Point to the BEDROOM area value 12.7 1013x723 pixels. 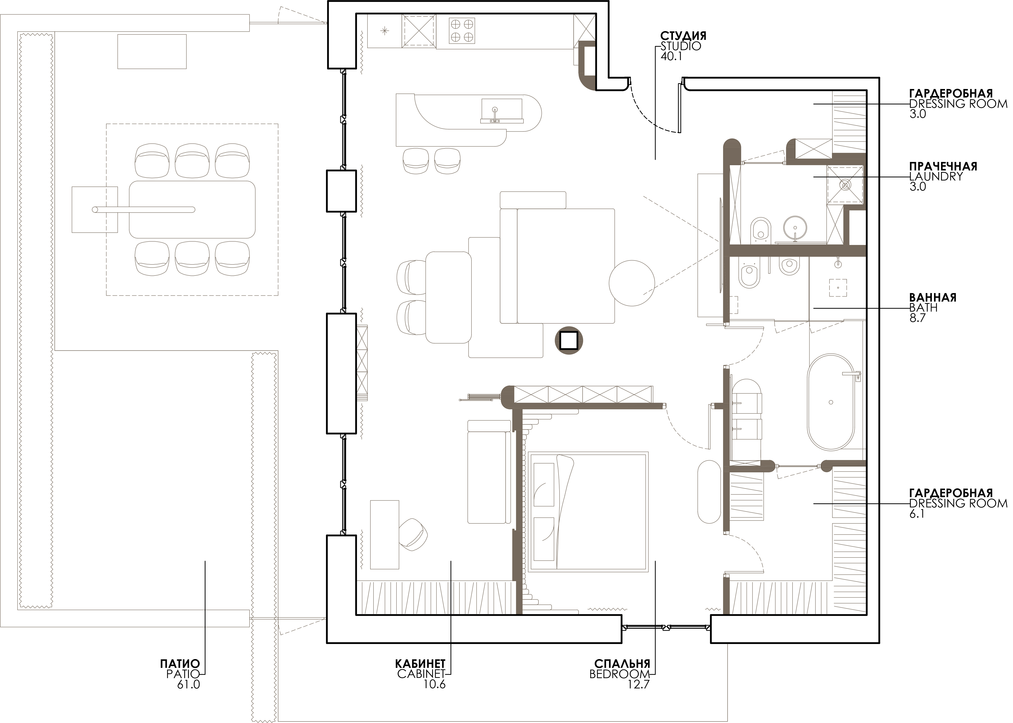[x=639, y=684]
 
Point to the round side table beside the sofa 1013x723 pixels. [x=632, y=283]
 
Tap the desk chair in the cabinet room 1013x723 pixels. [x=413, y=533]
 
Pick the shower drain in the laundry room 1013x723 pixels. [x=845, y=184]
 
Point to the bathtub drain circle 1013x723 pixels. [x=831, y=402]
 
